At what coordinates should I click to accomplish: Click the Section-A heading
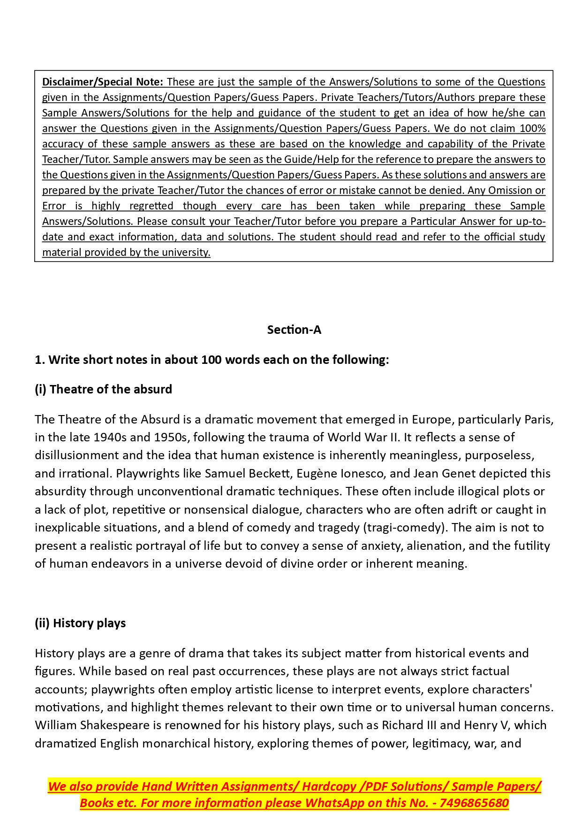294,330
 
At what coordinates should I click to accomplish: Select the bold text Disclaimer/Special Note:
103,82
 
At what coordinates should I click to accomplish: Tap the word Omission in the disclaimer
511,191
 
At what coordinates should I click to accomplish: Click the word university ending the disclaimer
186,253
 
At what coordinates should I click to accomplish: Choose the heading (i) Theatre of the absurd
103,389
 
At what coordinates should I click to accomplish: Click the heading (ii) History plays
80,623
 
